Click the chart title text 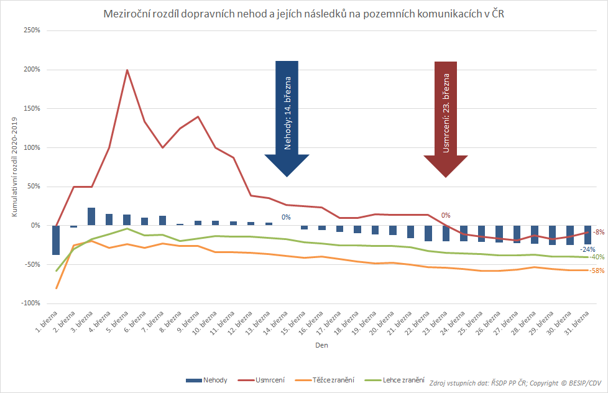pos(303,14)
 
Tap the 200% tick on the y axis pos(32,70)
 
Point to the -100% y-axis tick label pos(30,303)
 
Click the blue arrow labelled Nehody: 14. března pos(287,118)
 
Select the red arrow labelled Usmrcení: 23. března pos(446,119)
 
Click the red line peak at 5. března pos(127,70)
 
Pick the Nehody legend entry pos(206,380)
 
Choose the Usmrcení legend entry pos(261,380)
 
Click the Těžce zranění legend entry pos(325,380)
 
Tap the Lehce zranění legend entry pos(395,380)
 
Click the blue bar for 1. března pos(56,240)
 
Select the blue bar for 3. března pos(91,216)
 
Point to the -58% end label pos(597,270)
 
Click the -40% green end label pos(597,257)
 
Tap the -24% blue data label pos(587,249)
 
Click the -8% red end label pos(599,232)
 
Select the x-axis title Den pos(321,345)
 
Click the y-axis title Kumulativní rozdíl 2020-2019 pos(14,167)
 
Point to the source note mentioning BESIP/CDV pos(515,383)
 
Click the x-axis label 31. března pos(578,322)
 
